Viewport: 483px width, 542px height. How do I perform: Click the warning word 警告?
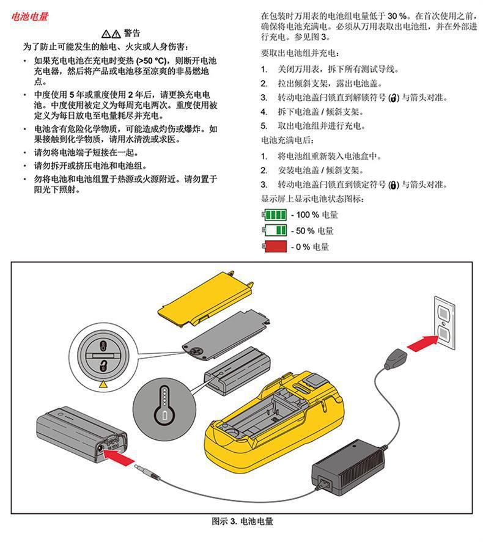coord(132,33)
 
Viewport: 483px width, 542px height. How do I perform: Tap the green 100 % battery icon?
coord(275,215)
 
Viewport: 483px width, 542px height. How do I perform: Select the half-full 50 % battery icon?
coord(275,230)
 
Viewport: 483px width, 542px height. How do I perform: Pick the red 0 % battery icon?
coord(275,246)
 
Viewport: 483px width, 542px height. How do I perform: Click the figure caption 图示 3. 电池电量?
coord(242,522)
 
